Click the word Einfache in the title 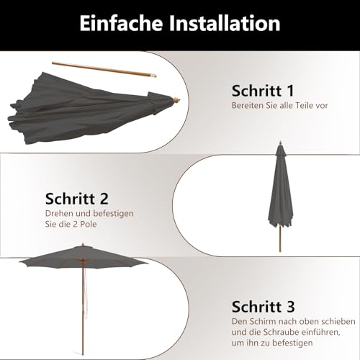pos(121,23)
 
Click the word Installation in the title pos(225,23)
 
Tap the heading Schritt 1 pos(263,91)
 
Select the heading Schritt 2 pos(77,199)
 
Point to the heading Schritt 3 pos(263,307)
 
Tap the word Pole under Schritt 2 pos(89,224)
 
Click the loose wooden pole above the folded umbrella pos(104,70)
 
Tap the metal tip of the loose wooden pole pos(153,76)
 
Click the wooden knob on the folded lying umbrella pos(176,100)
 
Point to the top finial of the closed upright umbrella pos(280,143)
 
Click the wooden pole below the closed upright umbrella pos(280,238)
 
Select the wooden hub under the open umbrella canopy pos(83,260)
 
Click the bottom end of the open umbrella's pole pos(83,354)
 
